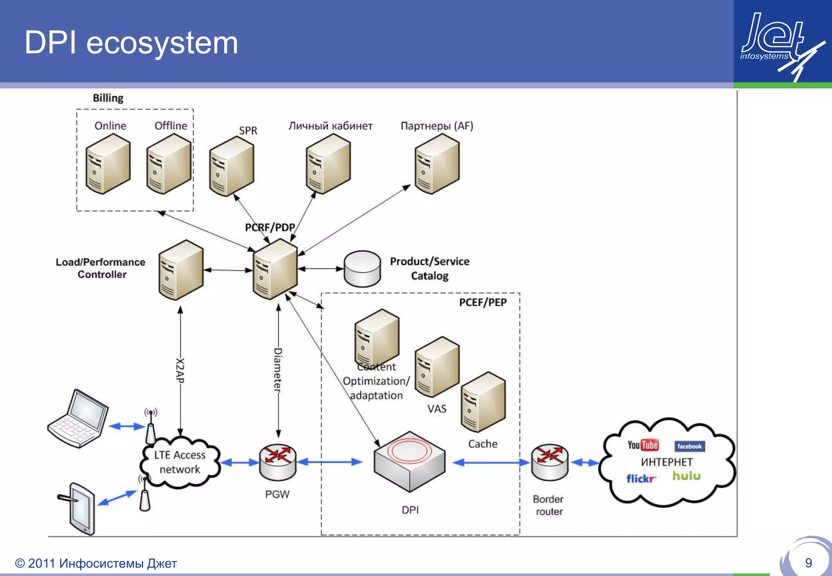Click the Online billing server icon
coord(108,164)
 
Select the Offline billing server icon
coord(168,164)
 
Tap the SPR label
coord(248,131)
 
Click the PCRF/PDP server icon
coord(275,269)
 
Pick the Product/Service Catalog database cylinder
coord(362,269)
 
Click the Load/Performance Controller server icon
coord(181,270)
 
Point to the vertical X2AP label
coord(180,370)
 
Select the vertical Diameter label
coord(278,370)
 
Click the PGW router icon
coord(278,462)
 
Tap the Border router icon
coord(550,462)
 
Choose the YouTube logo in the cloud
coord(643,445)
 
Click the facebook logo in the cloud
coord(689,446)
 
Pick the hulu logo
coord(687,476)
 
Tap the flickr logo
coord(641,479)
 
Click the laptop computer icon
coord(78,419)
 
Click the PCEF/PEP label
coord(483,303)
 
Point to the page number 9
coord(808,563)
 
